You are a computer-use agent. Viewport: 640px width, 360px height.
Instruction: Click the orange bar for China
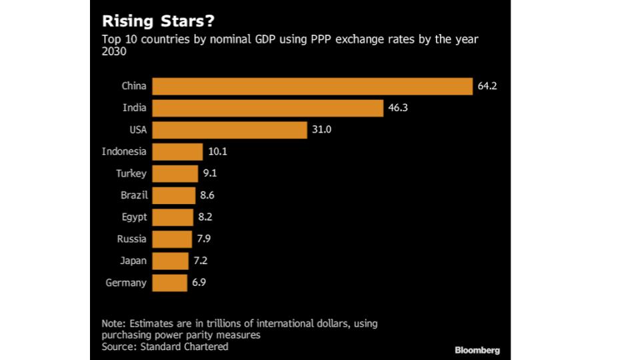312,86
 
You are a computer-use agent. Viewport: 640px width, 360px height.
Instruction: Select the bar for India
267,108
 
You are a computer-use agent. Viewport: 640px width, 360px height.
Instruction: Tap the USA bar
229,130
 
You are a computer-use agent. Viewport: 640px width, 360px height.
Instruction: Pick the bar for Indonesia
177,152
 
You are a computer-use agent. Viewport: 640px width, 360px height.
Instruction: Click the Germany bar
169,283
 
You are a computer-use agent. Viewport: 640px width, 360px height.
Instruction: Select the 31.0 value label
321,130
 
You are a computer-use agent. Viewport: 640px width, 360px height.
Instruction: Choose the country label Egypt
134,217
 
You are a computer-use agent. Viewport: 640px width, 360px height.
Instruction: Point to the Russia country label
133,239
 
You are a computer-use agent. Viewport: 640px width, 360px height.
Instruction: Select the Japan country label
133,261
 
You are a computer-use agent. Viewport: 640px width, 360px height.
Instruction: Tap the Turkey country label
131,173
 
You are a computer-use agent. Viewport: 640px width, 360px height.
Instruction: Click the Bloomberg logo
477,350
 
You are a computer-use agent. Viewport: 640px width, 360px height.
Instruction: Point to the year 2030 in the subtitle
114,51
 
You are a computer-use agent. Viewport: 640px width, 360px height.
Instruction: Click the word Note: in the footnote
114,323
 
